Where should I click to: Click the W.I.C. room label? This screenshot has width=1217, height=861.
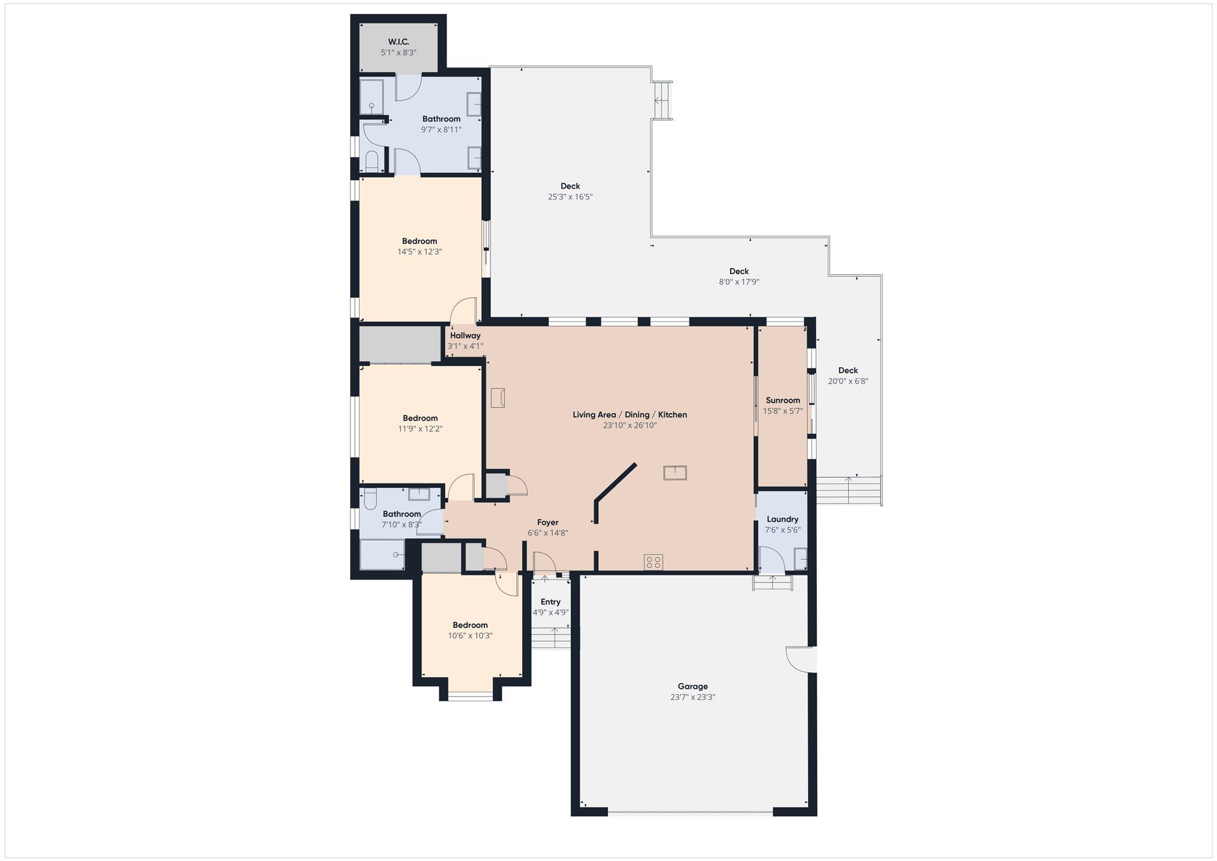click(x=399, y=41)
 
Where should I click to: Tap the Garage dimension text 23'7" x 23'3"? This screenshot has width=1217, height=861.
click(x=692, y=697)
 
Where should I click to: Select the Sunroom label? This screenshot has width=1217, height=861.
click(x=783, y=400)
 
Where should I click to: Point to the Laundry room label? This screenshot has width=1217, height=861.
click(x=783, y=519)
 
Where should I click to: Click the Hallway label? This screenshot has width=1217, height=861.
click(x=466, y=336)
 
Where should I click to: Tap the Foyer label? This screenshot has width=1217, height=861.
click(x=548, y=522)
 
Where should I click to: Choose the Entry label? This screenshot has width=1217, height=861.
click(x=551, y=602)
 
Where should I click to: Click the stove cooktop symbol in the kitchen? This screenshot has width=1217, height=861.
click(x=654, y=562)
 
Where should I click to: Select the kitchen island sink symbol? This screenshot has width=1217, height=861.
click(x=675, y=473)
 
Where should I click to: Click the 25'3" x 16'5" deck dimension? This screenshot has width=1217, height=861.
click(x=570, y=197)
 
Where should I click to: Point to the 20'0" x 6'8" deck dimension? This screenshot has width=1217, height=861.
click(x=848, y=381)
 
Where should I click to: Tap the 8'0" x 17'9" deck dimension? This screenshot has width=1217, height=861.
click(x=739, y=282)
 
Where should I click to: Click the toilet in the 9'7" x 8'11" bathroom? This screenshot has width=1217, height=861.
click(x=372, y=161)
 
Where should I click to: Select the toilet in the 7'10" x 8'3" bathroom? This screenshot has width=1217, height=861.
click(x=369, y=499)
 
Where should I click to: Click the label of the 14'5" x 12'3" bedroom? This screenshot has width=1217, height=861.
click(x=419, y=241)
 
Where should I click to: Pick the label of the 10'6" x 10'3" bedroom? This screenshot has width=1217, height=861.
click(x=470, y=625)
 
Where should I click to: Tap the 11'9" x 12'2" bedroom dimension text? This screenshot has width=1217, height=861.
click(x=420, y=429)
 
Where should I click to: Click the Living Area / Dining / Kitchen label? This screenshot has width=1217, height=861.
click(x=630, y=415)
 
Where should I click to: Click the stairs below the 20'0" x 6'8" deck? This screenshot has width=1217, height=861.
click(x=849, y=490)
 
